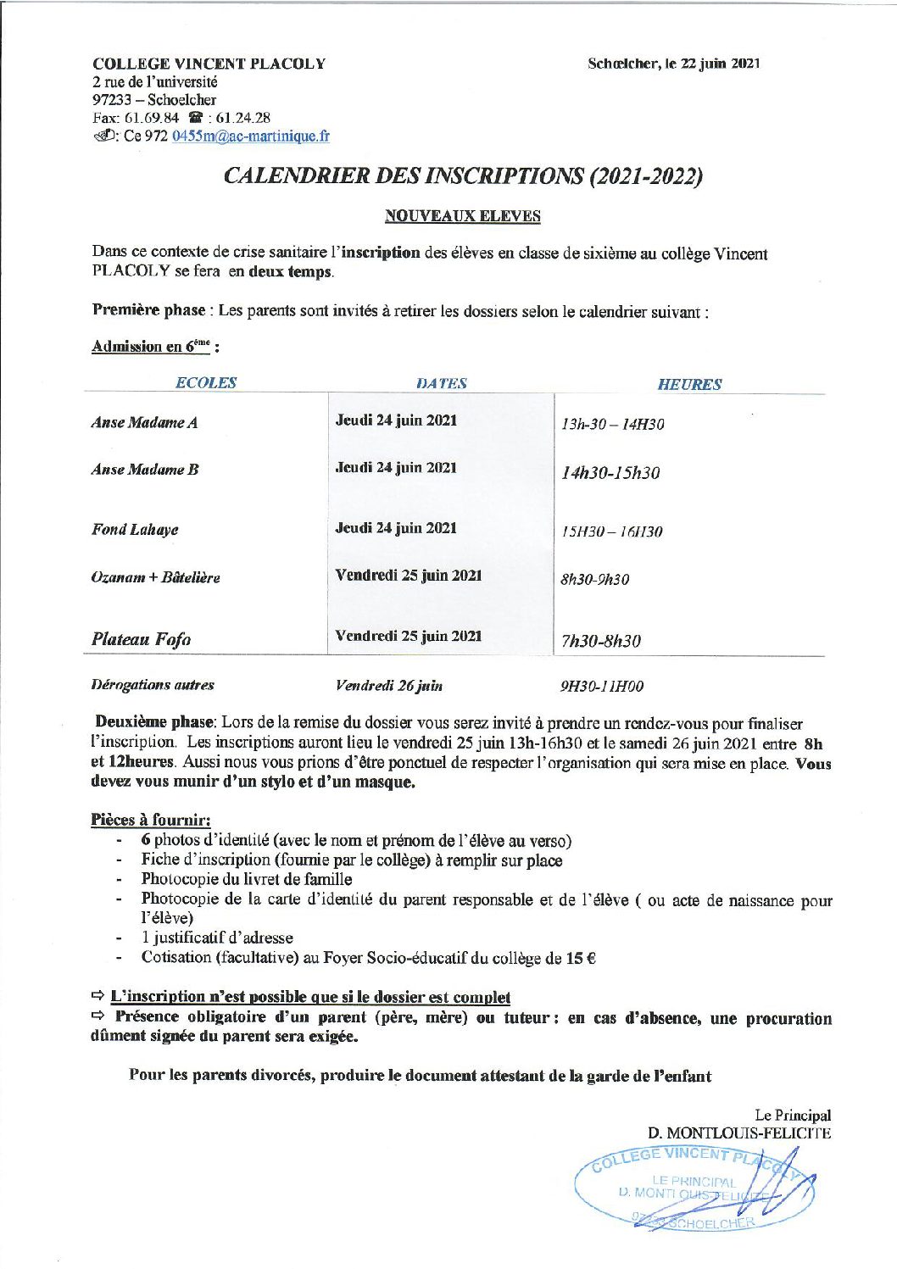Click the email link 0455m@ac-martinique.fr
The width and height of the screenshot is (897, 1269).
coord(250,136)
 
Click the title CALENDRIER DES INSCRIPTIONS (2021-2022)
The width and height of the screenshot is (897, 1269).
coord(463,175)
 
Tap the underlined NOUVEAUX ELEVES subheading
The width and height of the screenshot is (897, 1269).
coord(462,216)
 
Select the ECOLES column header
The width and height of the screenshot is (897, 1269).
coord(205,383)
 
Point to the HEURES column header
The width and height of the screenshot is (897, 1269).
coord(688,384)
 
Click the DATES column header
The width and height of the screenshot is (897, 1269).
coord(441,383)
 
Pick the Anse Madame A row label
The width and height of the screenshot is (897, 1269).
coord(144,423)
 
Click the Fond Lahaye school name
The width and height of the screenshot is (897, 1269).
coord(135,530)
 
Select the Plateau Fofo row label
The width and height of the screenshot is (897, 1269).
coord(141,639)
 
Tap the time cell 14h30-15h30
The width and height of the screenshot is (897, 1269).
coord(610,473)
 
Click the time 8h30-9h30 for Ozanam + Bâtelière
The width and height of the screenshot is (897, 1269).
coord(594,580)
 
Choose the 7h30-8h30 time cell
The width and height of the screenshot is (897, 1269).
coord(600,641)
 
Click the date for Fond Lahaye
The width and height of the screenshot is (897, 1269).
coord(396,528)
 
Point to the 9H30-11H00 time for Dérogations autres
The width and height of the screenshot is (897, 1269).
coord(601,686)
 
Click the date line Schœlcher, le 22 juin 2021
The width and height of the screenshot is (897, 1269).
coord(673,64)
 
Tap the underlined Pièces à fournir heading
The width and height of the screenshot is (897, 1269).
coord(150,820)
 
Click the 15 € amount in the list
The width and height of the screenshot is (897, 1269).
coord(581,958)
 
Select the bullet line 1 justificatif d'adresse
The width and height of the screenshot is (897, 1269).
coord(217,938)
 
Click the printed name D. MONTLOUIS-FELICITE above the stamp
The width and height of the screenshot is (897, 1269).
coord(738,1133)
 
